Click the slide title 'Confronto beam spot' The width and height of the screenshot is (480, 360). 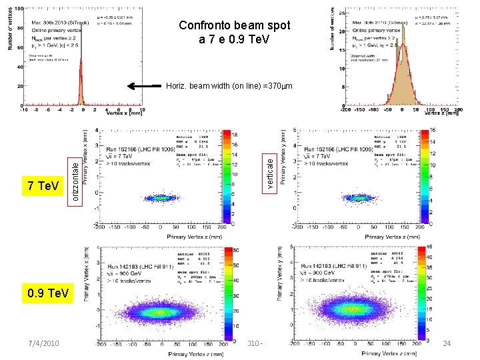pos(235,25)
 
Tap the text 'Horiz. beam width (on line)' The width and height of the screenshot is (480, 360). pos(203,86)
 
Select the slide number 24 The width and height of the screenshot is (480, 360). pos(447,343)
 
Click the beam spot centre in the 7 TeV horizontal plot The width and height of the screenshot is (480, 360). pos(160,197)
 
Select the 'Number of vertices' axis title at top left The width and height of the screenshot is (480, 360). pos(9,31)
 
